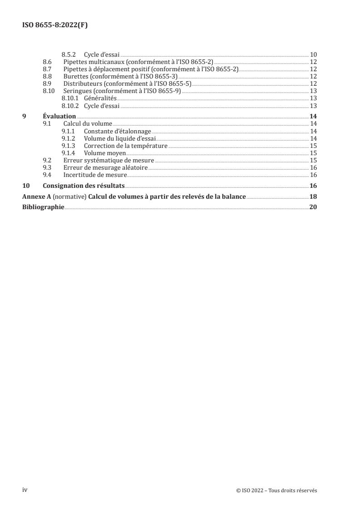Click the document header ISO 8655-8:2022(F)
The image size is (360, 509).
tap(55, 25)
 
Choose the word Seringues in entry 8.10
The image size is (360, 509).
tap(78, 91)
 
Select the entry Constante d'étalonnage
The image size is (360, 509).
tap(117, 131)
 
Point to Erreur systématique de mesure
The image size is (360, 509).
tap(109, 160)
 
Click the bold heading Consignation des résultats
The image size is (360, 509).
tap(84, 186)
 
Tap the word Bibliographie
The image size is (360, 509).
tap(43, 207)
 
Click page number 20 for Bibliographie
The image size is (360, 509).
tap(313, 207)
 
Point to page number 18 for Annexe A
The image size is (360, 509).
tap(313, 196)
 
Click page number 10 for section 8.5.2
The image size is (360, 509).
tap(313, 54)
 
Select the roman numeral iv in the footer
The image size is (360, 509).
tap(25, 489)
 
